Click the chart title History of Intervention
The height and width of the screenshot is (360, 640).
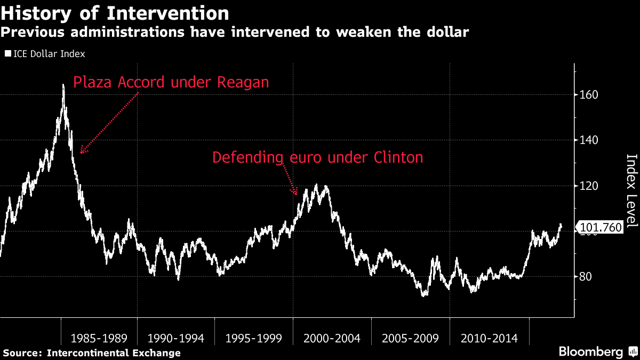pyautogui.click(x=115, y=13)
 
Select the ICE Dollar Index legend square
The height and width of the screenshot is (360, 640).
pyautogui.click(x=8, y=53)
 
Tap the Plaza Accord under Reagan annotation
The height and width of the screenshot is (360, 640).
pyautogui.click(x=171, y=82)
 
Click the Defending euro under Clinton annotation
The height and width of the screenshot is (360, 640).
pyautogui.click(x=317, y=157)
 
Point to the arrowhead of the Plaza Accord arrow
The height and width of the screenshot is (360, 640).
pyautogui.click(x=81, y=153)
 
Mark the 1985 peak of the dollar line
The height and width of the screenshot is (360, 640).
pyautogui.click(x=63, y=85)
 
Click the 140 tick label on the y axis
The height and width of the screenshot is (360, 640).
pyautogui.click(x=589, y=140)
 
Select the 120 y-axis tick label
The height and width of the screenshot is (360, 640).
pyautogui.click(x=589, y=186)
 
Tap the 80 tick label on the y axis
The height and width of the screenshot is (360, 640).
pyautogui.click(x=586, y=277)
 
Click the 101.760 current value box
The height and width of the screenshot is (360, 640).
pyautogui.click(x=600, y=227)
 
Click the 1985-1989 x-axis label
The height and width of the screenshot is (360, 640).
pyautogui.click(x=99, y=339)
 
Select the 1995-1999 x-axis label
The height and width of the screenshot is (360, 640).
pyautogui.click(x=254, y=339)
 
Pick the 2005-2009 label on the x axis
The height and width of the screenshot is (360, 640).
pyautogui.click(x=410, y=339)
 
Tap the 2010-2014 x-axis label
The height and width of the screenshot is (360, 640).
pyautogui.click(x=489, y=339)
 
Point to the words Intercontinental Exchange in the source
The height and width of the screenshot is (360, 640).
pyautogui.click(x=114, y=353)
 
